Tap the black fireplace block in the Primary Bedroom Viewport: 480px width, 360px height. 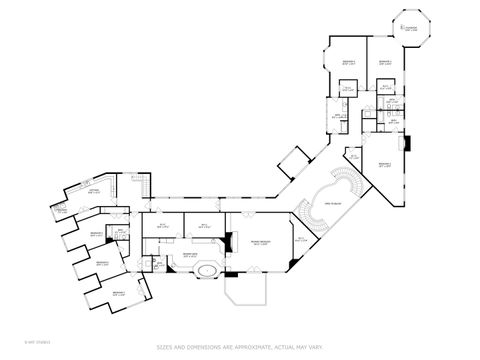point(228,241)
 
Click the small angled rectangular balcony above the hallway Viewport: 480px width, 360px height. point(295,160)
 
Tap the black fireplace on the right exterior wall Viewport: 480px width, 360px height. point(405,142)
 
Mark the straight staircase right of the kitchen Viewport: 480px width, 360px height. point(140,183)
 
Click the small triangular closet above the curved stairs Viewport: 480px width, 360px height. point(356,158)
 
